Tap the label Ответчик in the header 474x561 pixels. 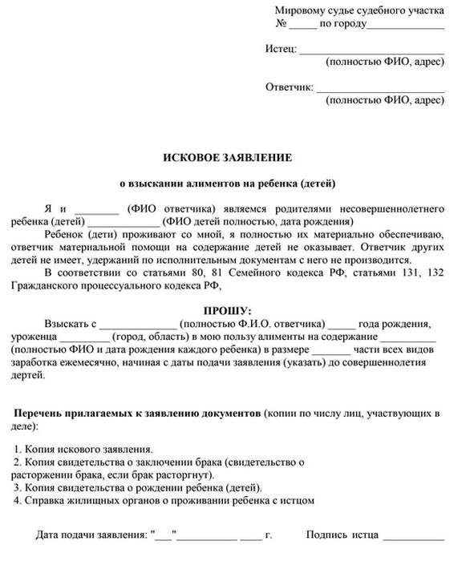289,87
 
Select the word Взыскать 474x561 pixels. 70,324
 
